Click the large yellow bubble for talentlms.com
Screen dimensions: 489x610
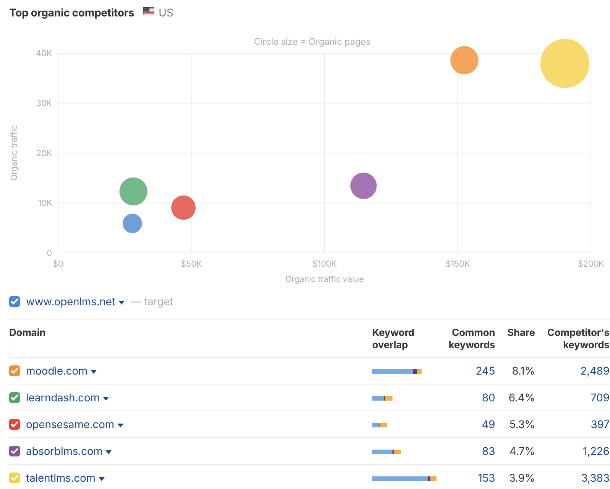click(565, 64)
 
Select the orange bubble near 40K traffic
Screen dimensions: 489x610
click(464, 60)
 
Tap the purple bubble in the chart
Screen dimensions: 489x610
click(363, 186)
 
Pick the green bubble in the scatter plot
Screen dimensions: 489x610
click(133, 191)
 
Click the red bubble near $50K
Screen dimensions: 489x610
click(183, 207)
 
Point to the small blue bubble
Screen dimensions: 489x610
click(132, 223)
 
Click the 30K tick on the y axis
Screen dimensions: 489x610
click(44, 103)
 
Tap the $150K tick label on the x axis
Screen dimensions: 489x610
click(457, 264)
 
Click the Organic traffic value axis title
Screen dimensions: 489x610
click(324, 279)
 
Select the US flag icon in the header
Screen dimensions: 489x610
click(149, 11)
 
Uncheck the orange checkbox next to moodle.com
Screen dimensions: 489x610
click(15, 371)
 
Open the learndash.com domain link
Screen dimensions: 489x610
click(63, 398)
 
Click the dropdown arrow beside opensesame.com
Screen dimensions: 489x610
click(120, 425)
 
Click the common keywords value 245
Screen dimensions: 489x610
click(485, 371)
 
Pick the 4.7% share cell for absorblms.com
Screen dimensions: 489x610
click(521, 451)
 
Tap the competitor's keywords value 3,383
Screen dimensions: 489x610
click(595, 478)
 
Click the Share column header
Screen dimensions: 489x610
click(521, 333)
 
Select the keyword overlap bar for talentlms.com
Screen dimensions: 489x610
click(404, 478)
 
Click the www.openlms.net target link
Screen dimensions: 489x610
click(71, 302)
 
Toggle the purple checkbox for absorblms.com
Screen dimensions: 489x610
click(15, 451)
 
